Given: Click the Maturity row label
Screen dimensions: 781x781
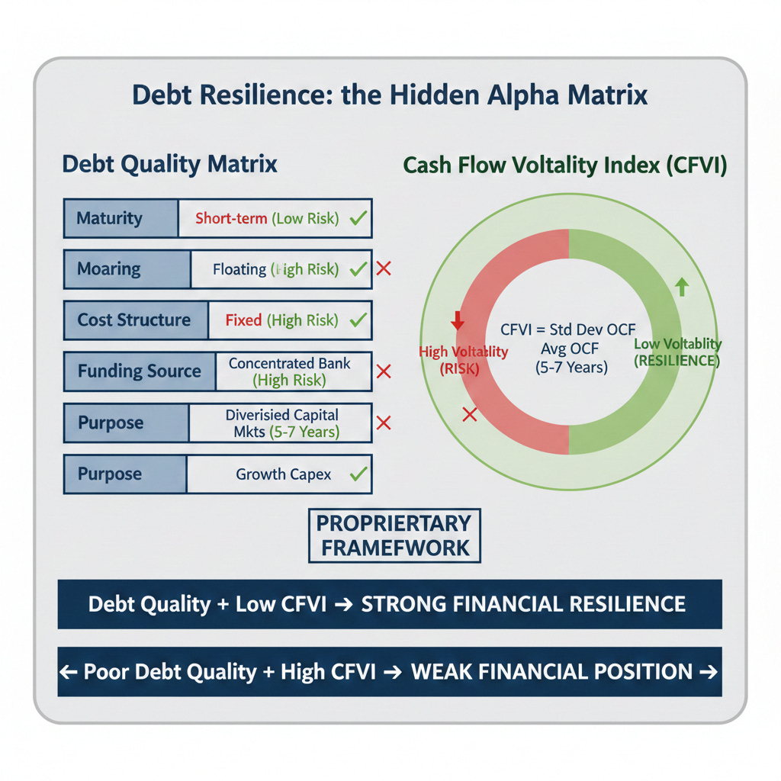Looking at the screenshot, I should tap(109, 218).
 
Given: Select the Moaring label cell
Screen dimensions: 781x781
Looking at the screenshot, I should tap(109, 269).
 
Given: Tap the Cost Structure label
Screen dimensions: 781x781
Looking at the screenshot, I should tap(134, 320).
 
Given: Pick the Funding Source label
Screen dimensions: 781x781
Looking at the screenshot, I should tap(139, 371).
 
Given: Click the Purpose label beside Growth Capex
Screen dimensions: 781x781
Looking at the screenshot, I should tap(110, 474).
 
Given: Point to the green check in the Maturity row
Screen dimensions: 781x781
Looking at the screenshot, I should tap(357, 219).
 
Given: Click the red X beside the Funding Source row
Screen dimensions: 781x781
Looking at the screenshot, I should tap(384, 371).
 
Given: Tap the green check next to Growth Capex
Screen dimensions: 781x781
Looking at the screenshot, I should tap(357, 474).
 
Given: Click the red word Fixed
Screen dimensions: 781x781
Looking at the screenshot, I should tap(243, 320).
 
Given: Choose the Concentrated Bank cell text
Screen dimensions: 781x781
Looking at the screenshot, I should tap(290, 364).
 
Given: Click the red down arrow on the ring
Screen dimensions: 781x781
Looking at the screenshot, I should tap(458, 320).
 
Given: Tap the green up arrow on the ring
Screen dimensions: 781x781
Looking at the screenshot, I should tap(682, 288).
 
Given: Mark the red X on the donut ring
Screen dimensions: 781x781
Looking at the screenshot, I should tap(470, 414).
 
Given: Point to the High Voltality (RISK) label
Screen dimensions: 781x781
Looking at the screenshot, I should tap(463, 359).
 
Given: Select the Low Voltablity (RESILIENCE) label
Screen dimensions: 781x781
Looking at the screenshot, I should tap(677, 352).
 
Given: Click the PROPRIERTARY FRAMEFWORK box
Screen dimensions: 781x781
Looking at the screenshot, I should tap(394, 535).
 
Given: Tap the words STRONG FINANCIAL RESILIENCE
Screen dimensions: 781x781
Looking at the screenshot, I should tap(523, 605).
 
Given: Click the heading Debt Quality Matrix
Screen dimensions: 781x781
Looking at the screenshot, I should tap(169, 165).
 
